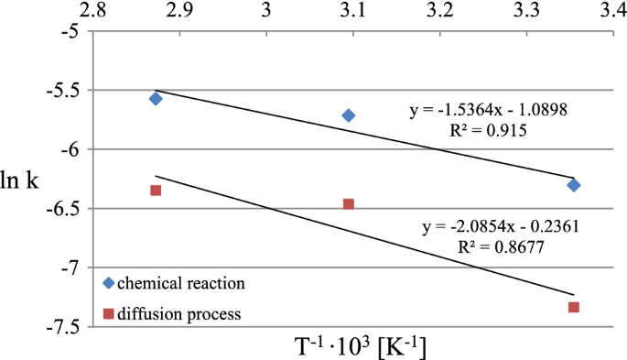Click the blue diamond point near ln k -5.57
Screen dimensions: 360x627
pos(156,98)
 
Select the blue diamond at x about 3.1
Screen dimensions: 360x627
pos(349,115)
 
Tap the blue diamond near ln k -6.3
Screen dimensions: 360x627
pos(574,185)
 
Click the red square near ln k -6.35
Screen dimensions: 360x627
pos(156,191)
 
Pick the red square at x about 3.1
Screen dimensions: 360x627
pos(349,204)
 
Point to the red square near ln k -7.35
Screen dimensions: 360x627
pos(574,307)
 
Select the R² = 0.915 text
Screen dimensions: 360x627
pos(492,130)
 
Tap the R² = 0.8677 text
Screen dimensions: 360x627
pos(497,246)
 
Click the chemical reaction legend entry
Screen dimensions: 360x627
pos(173,282)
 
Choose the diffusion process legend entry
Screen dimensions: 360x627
pos(173,313)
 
